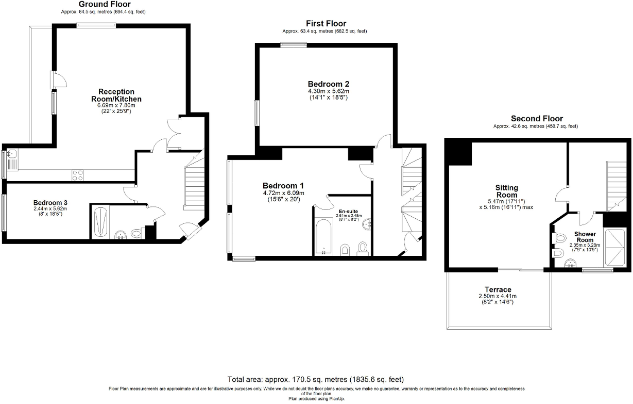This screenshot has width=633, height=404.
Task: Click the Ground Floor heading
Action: point(104,4)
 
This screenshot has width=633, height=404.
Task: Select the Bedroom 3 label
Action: point(50,203)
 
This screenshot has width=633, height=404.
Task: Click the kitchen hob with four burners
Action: point(77,175)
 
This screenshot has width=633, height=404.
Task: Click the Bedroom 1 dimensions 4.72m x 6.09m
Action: point(283,193)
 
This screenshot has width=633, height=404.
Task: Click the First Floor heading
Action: point(326,23)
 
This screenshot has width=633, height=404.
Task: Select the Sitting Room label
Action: point(507,191)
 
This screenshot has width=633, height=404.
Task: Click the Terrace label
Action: point(498,289)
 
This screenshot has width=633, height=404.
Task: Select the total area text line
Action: point(316,379)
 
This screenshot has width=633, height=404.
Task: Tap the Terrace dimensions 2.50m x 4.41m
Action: point(498,296)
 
